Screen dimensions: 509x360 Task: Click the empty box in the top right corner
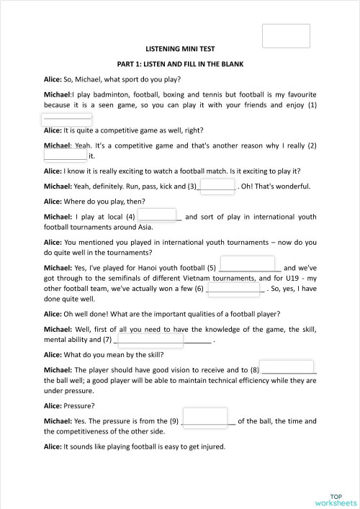(x=286, y=36)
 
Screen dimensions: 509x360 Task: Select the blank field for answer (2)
(x=66, y=153)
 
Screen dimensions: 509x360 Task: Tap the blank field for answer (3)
(x=216, y=186)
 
